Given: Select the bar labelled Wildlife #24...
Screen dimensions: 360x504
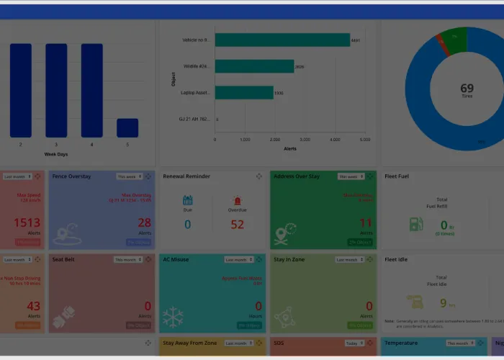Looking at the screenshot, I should (254, 66).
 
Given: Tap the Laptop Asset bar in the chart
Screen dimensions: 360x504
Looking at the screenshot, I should (244, 92).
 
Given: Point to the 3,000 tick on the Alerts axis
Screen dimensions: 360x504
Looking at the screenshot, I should (305, 139).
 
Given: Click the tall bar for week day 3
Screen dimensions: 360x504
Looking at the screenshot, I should (56, 90).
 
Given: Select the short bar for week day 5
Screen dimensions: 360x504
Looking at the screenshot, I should (127, 127).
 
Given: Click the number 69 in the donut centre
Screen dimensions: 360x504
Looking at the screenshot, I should (467, 89).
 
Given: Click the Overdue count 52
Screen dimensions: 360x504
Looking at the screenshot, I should (238, 224).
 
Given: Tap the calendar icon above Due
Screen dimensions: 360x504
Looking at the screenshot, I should (188, 200).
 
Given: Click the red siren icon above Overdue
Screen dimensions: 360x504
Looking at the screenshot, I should (238, 200).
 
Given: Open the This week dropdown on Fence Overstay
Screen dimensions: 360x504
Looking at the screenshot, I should (129, 176).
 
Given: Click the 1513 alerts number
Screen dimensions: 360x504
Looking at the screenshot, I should (27, 223).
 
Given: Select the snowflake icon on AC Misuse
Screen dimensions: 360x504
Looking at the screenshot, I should (173, 318).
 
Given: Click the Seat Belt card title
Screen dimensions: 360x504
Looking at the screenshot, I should (63, 259).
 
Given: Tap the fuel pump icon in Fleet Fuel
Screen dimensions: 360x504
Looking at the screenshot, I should (416, 224).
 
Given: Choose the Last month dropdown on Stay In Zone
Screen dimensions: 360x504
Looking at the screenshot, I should (350, 260).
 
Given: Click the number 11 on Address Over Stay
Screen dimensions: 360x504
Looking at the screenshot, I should (366, 223).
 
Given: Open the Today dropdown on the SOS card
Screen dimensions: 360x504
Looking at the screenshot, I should (354, 343).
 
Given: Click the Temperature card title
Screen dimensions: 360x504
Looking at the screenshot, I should (400, 343).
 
